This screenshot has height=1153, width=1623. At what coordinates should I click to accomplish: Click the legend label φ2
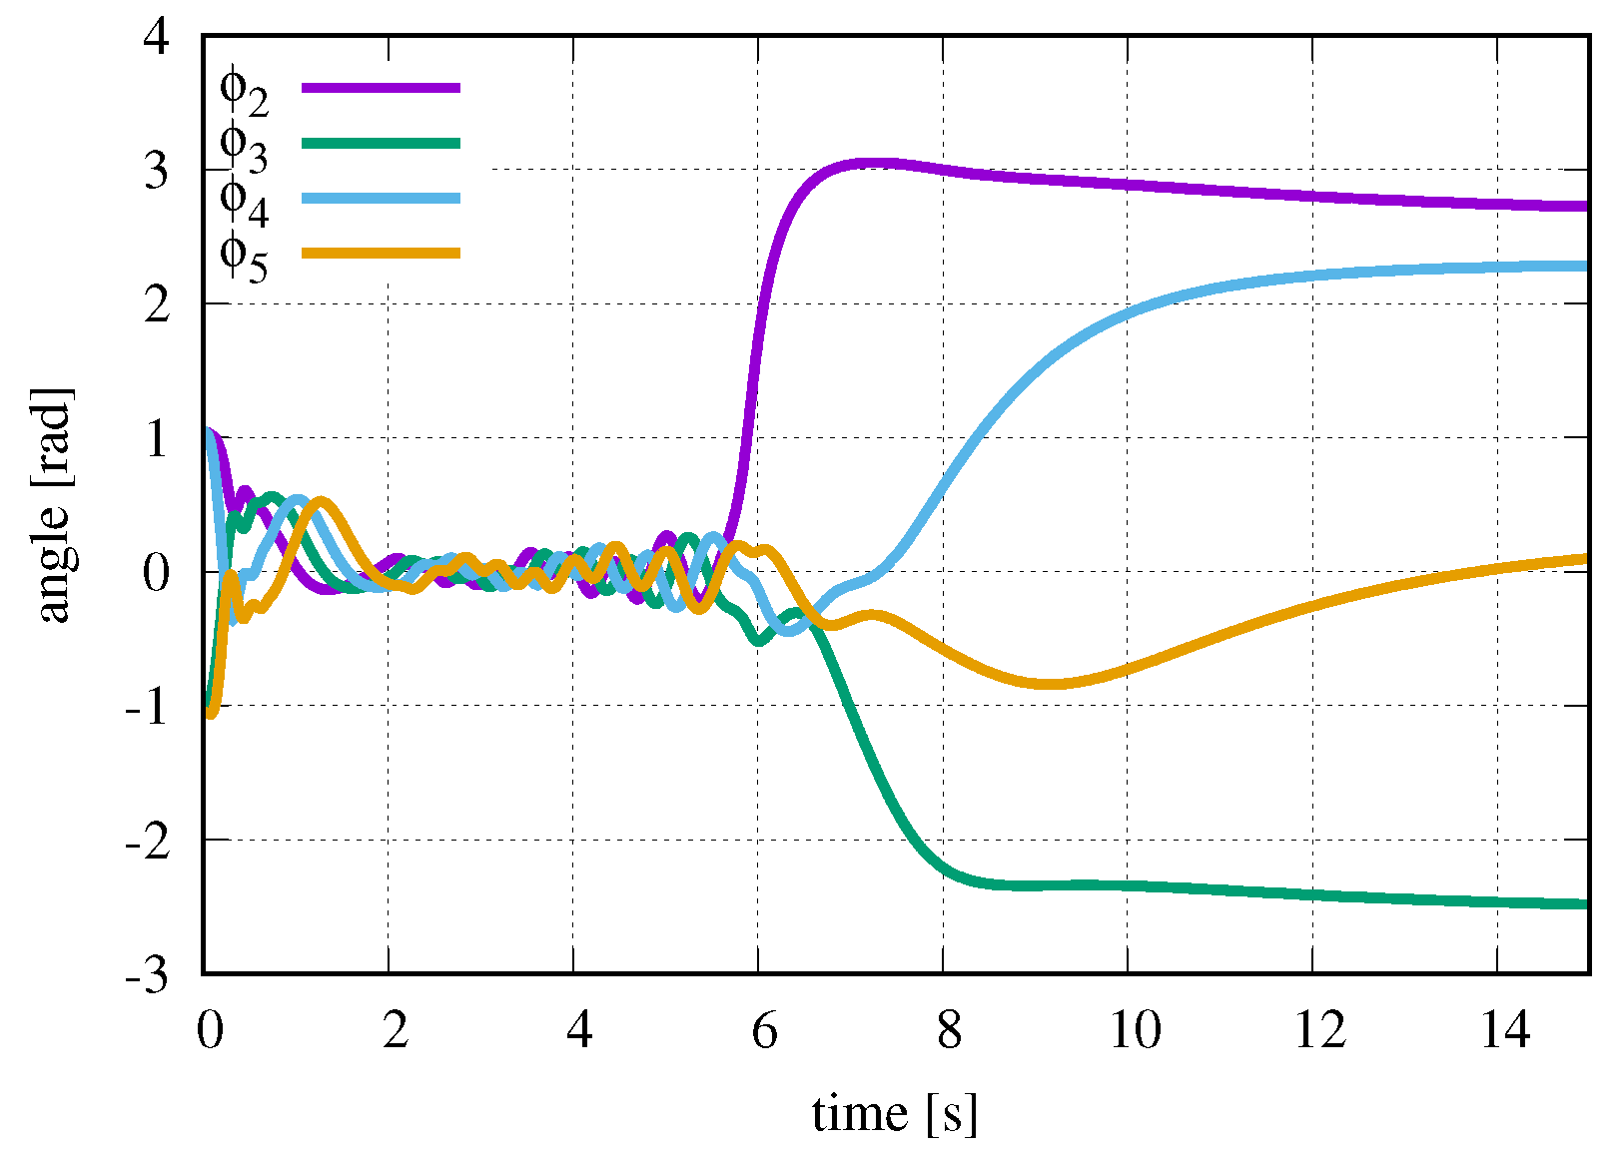(243, 90)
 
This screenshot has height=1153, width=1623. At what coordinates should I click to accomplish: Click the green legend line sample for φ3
(381, 143)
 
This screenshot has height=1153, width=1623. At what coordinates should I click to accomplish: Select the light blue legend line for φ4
(381, 198)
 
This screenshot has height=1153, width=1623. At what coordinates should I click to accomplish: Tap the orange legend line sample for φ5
(381, 253)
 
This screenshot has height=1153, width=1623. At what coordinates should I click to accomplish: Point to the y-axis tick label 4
(157, 37)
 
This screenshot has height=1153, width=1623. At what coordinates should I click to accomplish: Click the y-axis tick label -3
(147, 976)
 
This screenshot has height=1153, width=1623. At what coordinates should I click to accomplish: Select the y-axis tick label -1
(147, 708)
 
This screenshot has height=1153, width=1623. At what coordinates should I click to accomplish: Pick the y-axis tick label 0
(157, 573)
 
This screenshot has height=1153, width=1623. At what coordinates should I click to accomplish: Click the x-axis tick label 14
(1505, 1029)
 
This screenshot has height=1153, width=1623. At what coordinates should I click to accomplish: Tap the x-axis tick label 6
(764, 1029)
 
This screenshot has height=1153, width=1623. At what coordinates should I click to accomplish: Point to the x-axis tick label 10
(1136, 1029)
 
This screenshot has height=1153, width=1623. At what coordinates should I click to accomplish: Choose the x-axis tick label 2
(396, 1029)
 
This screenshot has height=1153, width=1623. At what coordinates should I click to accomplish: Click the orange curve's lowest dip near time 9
(1049, 684)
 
